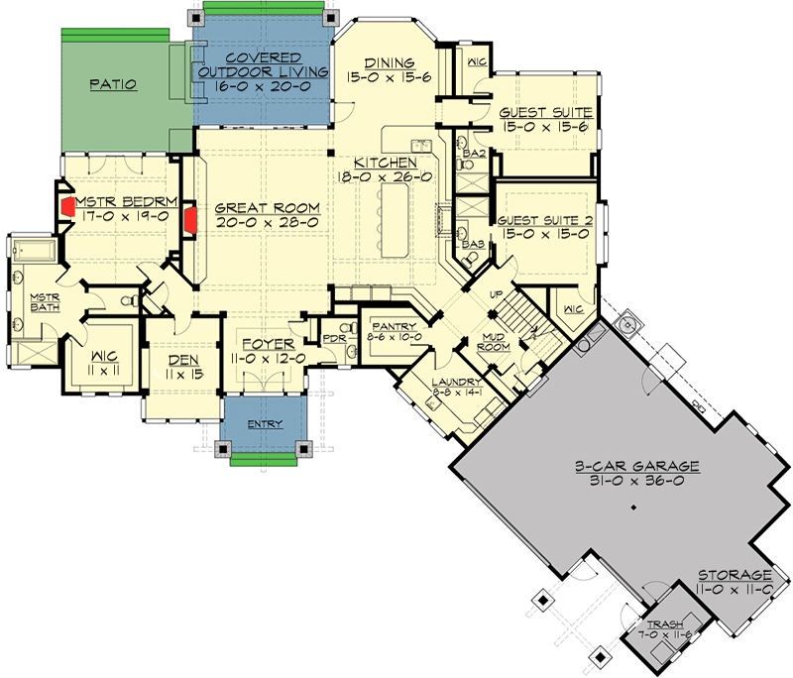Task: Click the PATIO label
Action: tap(112, 85)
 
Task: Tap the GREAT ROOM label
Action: tap(268, 208)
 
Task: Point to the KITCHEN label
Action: tap(389, 162)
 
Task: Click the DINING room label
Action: tap(388, 60)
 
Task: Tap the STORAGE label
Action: tap(734, 575)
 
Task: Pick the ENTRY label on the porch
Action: tap(265, 424)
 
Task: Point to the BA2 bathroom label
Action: tap(473, 155)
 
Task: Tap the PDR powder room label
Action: tap(333, 339)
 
